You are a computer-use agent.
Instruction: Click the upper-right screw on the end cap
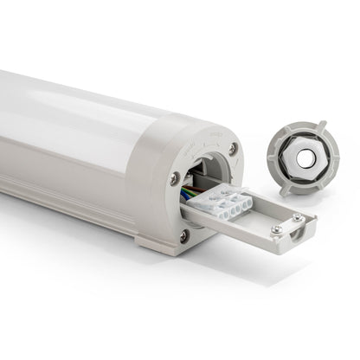232,149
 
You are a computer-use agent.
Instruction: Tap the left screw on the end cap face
176,179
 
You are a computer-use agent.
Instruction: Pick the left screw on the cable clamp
275,229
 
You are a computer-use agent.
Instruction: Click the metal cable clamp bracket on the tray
287,227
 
